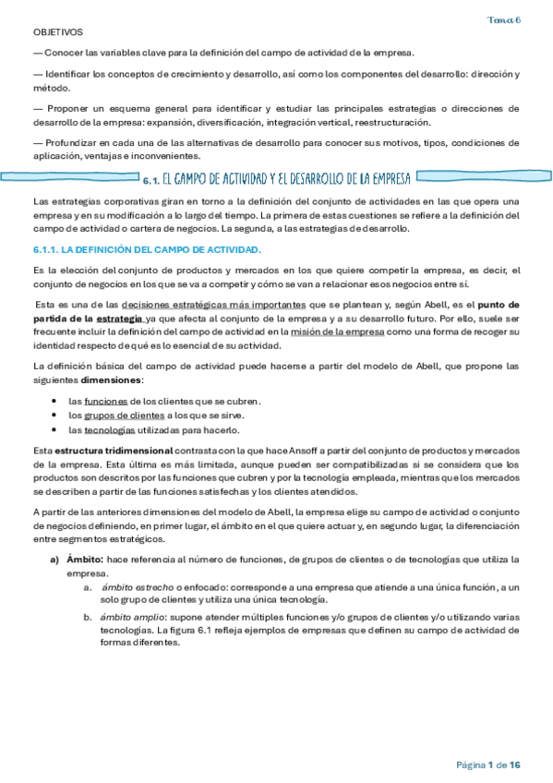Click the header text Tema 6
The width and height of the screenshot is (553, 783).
505,19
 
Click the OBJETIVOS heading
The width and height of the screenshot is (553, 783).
57,31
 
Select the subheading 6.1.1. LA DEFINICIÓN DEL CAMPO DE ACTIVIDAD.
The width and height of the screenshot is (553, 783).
147,250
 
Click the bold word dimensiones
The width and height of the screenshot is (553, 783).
113,379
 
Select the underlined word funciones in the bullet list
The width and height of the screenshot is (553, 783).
100,401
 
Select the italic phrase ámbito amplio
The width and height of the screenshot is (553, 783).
128,613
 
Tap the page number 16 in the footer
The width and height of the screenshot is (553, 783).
515,765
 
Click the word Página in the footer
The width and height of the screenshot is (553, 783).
471,765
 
